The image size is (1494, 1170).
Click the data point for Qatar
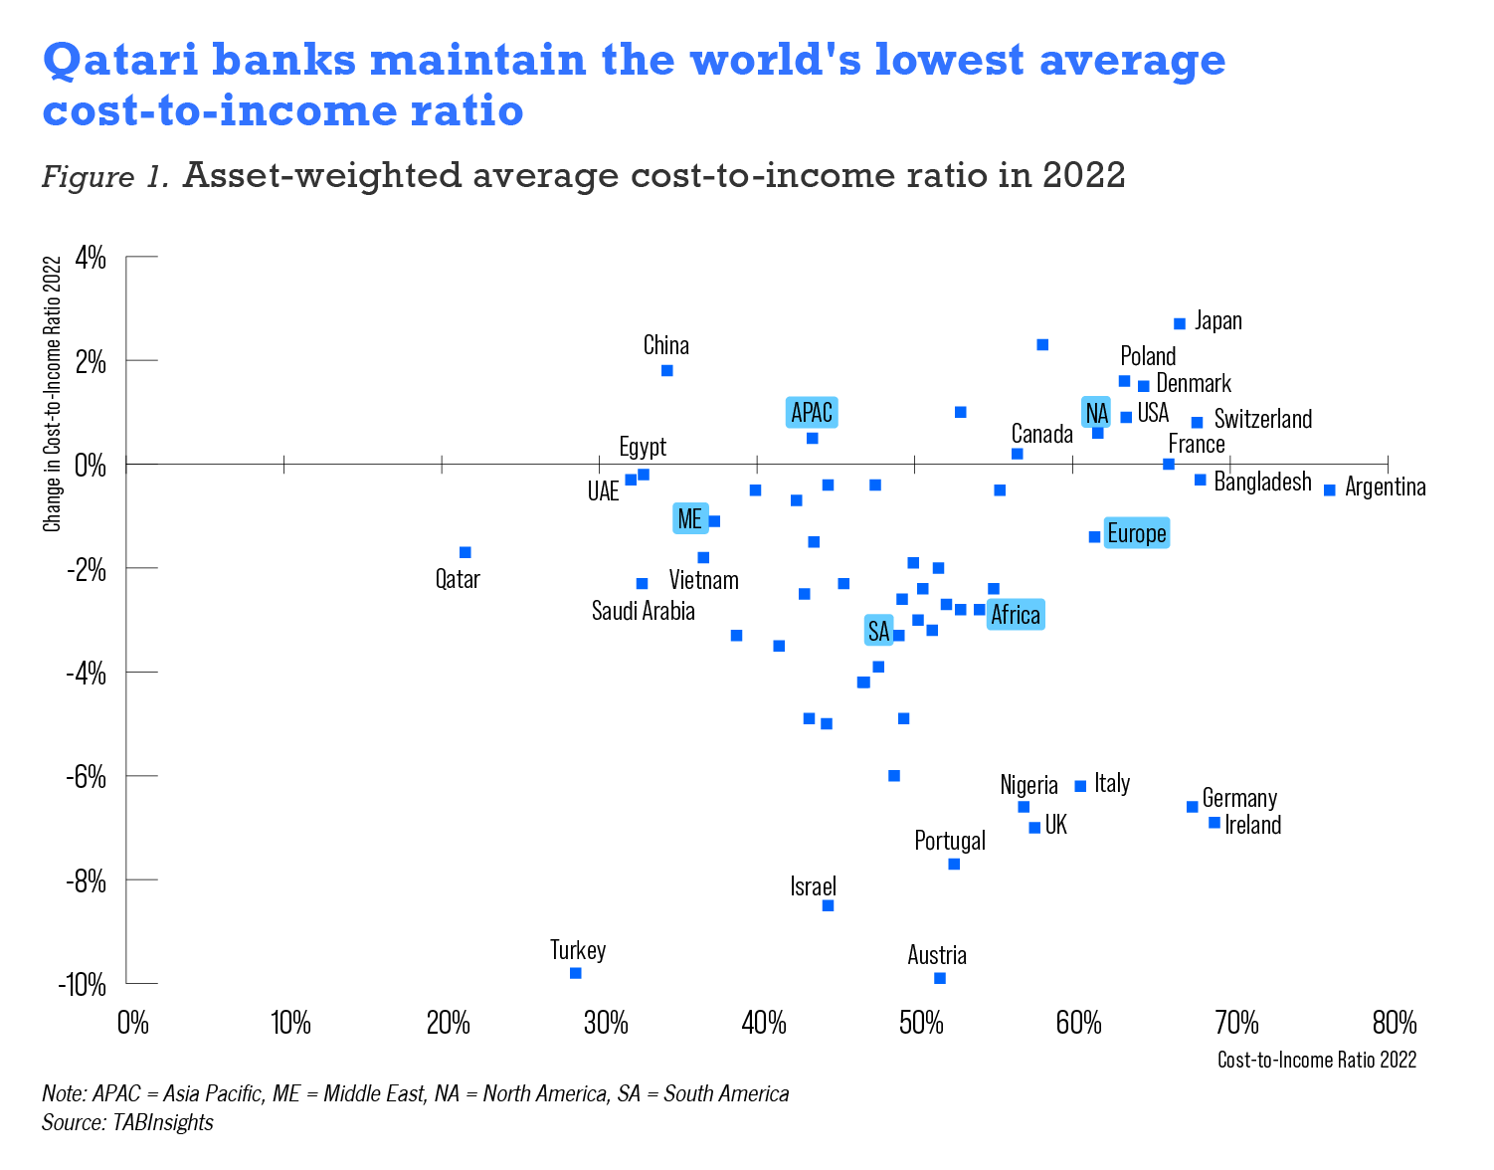point(465,552)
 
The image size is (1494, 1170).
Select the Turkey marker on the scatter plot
point(575,972)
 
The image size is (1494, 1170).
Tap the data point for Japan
point(1180,323)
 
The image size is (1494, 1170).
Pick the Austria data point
point(939,978)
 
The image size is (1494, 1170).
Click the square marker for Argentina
point(1329,489)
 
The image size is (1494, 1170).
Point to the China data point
point(666,370)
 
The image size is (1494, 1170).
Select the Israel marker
point(828,905)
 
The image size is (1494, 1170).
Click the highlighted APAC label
point(812,412)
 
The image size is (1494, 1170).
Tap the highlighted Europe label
point(1136,534)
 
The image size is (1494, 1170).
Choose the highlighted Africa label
point(1015,615)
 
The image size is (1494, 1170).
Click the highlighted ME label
point(689,518)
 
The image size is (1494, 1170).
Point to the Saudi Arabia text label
point(643,611)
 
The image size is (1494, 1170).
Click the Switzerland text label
point(1262,419)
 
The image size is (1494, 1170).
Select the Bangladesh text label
point(1262,483)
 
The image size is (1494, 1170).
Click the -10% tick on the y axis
point(85,984)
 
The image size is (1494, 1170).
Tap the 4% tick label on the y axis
point(91,258)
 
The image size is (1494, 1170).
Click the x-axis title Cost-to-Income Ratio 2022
point(1316,1060)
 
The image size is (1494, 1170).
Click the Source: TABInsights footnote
point(127,1122)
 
